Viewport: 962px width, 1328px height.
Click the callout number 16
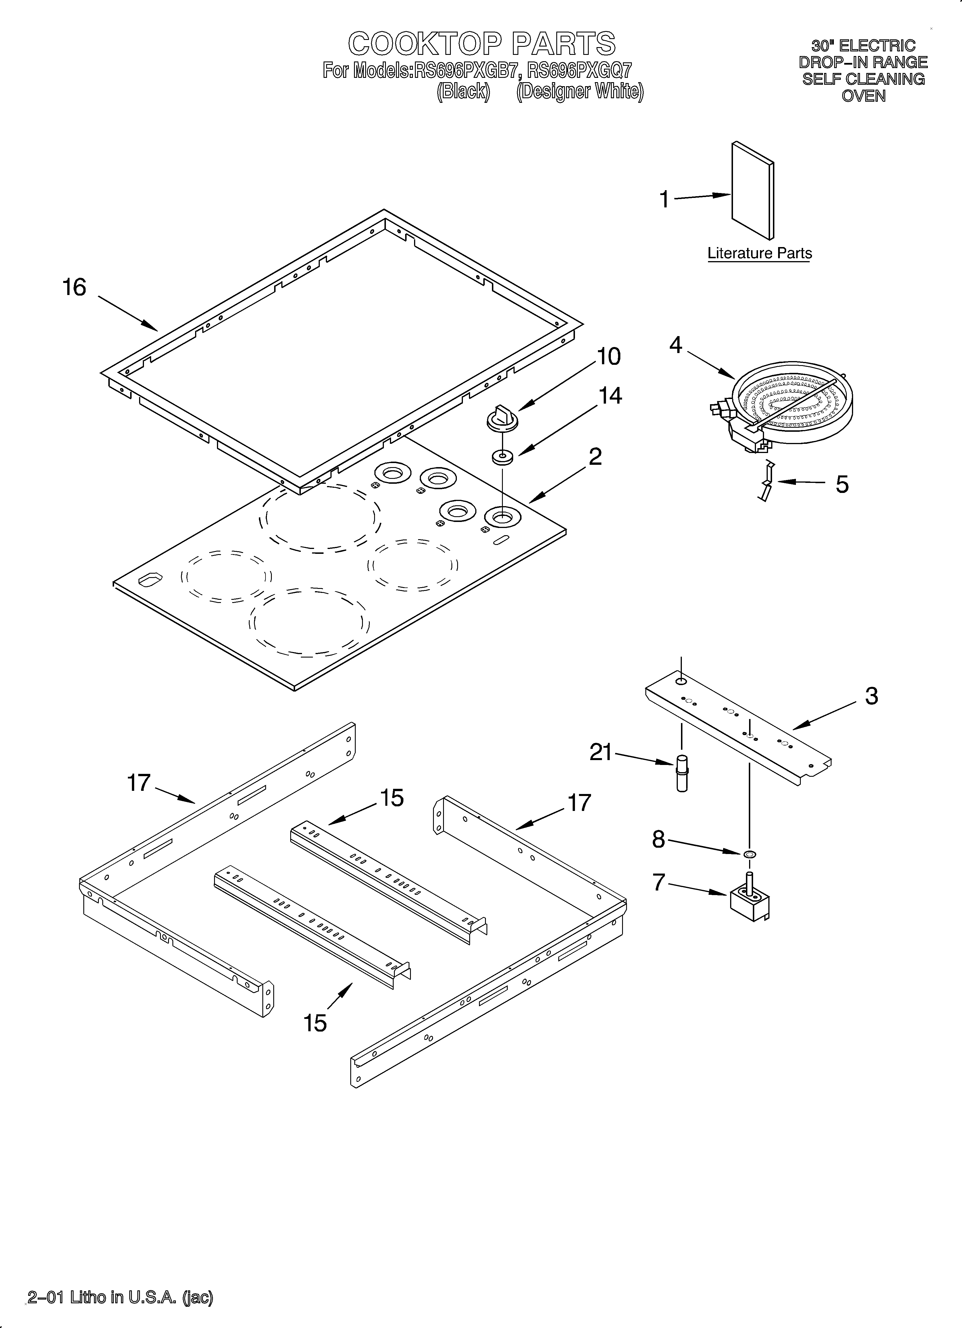tap(74, 288)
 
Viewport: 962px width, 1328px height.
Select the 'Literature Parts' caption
tap(759, 254)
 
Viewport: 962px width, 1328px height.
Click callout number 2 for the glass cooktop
tap(595, 456)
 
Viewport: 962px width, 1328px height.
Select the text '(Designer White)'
tap(580, 92)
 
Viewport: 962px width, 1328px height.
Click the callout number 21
tap(601, 752)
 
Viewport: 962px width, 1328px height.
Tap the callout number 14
tap(610, 396)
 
